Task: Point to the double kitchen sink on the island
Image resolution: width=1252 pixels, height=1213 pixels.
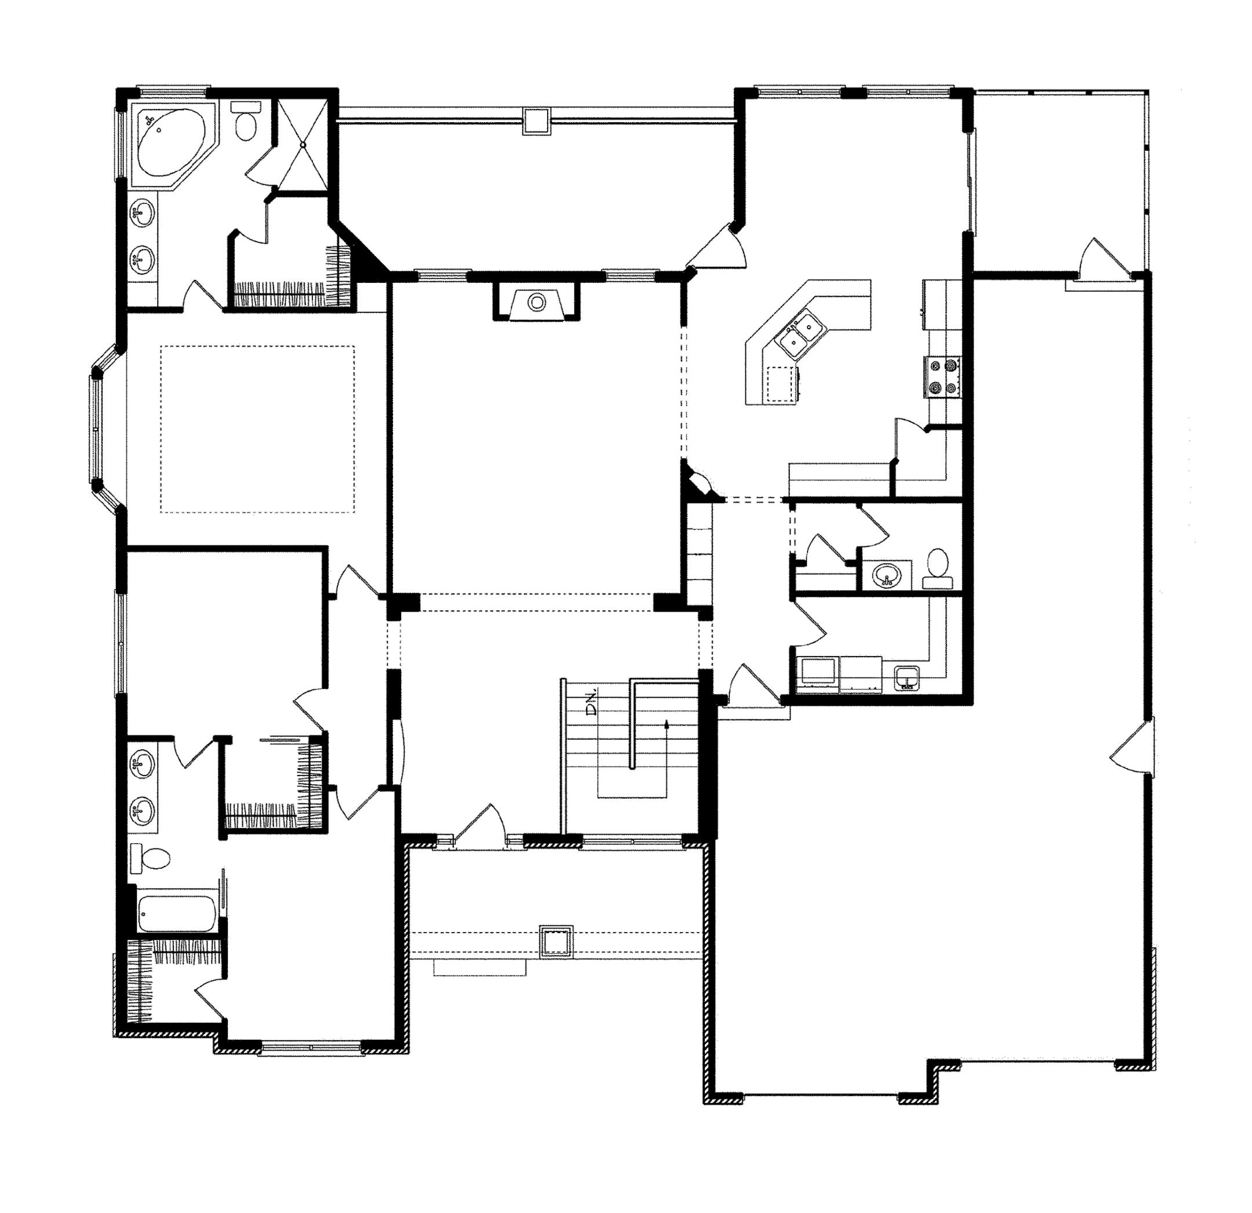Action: click(x=802, y=332)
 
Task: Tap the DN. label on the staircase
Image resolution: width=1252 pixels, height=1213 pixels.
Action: click(x=592, y=701)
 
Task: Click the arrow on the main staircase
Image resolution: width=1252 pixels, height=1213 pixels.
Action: click(x=666, y=724)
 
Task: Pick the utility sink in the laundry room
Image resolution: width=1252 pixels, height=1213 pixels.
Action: click(x=907, y=677)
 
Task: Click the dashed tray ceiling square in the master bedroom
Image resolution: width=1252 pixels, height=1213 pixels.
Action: click(x=257, y=429)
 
